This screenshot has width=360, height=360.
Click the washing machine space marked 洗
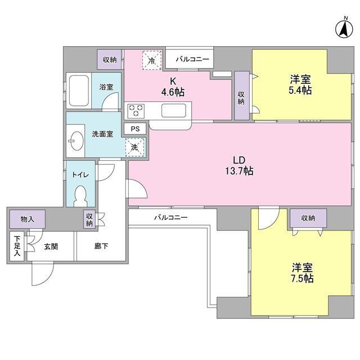pyautogui.click(x=135, y=147)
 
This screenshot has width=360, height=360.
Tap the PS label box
pyautogui.click(x=135, y=128)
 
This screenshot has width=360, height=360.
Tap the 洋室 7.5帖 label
pyautogui.click(x=303, y=272)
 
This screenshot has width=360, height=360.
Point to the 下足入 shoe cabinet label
pyautogui.click(x=17, y=246)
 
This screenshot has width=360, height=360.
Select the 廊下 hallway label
pyautogui.click(x=101, y=246)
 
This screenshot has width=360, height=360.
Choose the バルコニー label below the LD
pyautogui.click(x=170, y=217)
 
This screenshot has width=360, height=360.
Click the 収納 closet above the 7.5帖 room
pyautogui.click(x=308, y=218)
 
